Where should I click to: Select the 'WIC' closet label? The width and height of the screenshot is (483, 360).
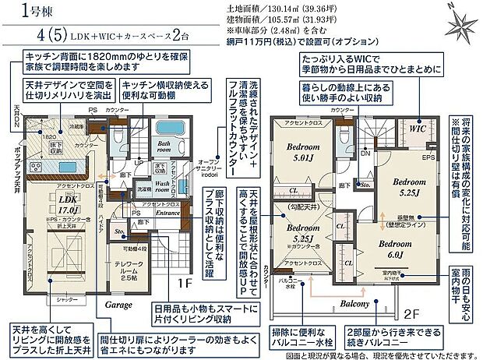point(416,131)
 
